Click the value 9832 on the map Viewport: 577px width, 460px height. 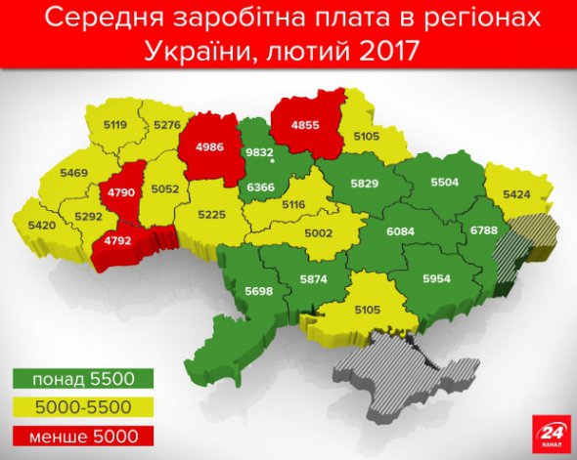click(259, 153)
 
